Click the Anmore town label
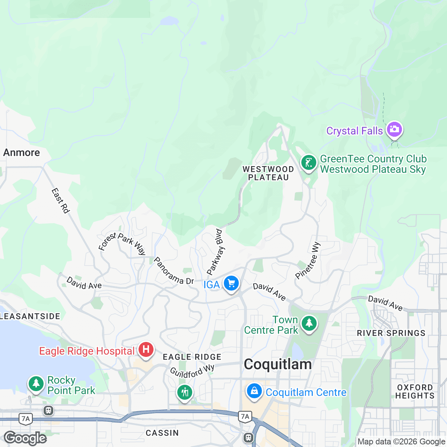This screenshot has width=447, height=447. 22,153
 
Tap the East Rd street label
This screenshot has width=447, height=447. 60,201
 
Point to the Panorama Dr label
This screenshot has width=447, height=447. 174,271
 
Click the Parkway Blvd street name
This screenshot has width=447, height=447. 215,252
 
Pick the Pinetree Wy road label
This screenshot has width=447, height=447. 308,260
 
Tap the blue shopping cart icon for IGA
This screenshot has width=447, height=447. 231,284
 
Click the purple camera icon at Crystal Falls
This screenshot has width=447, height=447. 394,130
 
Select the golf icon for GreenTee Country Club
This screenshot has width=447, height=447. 308,164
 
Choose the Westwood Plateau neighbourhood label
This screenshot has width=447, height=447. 268,173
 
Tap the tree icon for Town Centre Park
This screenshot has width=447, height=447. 308,324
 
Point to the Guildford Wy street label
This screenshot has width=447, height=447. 192,371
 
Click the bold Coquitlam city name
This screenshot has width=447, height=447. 278,364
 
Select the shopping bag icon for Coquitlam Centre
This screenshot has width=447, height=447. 254,392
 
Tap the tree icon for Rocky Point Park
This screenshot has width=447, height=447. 36,384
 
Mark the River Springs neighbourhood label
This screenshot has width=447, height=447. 391,333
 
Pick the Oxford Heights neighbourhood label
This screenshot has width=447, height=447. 415,391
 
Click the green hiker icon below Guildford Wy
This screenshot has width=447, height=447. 184,393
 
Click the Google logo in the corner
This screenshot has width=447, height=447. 25,438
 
